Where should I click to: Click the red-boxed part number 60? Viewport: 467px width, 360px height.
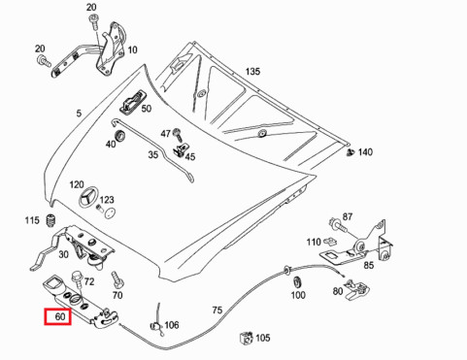click(59, 316)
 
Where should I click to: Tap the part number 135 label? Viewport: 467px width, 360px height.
click(252, 72)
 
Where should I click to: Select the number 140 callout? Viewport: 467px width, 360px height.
click(364, 152)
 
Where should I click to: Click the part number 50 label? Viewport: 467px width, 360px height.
click(147, 109)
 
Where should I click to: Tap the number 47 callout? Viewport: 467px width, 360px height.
click(165, 133)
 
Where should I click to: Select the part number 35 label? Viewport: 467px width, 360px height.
click(153, 155)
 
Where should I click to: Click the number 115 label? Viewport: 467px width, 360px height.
click(32, 221)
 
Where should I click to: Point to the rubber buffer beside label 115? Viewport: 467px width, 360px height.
click(49, 227)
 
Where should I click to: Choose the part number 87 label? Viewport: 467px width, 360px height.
click(348, 217)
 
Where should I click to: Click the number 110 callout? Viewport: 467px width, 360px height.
click(314, 242)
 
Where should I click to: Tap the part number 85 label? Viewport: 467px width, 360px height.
click(368, 264)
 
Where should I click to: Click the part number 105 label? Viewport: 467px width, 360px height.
click(261, 338)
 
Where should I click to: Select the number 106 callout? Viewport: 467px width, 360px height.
click(171, 325)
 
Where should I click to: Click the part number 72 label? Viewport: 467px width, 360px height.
click(88, 281)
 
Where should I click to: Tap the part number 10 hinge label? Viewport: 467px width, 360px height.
click(132, 50)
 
